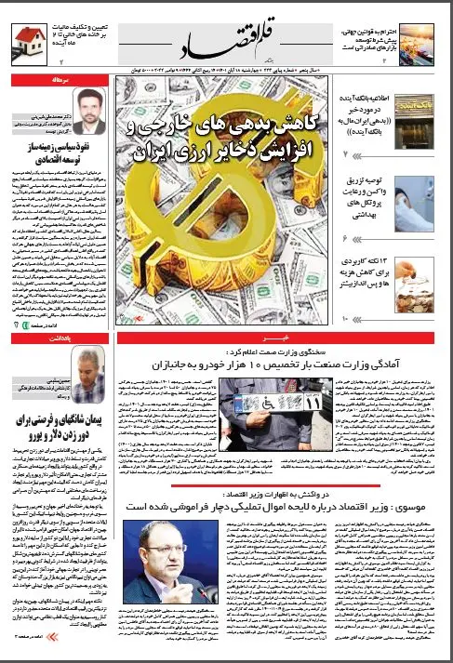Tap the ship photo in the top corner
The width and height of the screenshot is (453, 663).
click(416, 39)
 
